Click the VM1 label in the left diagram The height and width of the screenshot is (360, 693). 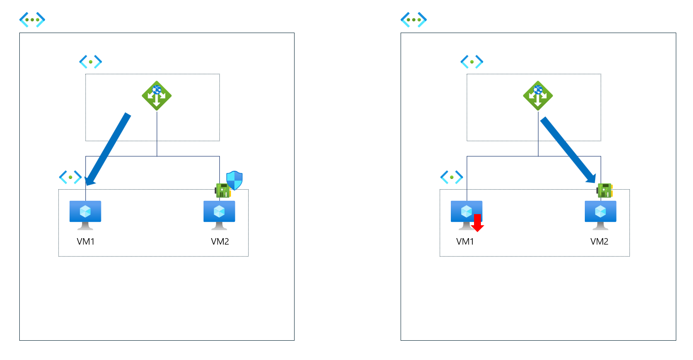pos(85,242)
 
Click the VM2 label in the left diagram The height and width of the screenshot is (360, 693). pos(220,242)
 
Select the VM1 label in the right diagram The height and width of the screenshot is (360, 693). pos(465,242)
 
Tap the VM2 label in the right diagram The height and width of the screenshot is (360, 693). pos(599,242)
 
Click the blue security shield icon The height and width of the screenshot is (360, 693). pos(234,180)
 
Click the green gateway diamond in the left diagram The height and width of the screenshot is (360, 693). pos(157,96)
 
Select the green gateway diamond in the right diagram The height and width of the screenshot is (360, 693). pos(538,96)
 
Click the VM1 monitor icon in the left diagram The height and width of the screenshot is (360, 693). pos(85,214)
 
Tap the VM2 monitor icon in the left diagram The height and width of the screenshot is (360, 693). pos(219,214)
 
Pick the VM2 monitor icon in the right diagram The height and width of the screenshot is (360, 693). pos(600,214)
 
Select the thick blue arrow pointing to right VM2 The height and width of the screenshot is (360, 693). pos(568,149)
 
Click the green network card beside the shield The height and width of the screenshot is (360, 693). pos(222,190)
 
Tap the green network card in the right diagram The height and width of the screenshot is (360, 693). pos(605,190)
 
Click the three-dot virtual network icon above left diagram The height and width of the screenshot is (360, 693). pos(32,19)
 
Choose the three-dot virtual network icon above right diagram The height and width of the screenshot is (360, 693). pos(413,19)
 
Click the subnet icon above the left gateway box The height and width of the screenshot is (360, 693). pos(91,62)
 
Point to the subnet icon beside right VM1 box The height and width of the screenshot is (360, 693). pos(452,177)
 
